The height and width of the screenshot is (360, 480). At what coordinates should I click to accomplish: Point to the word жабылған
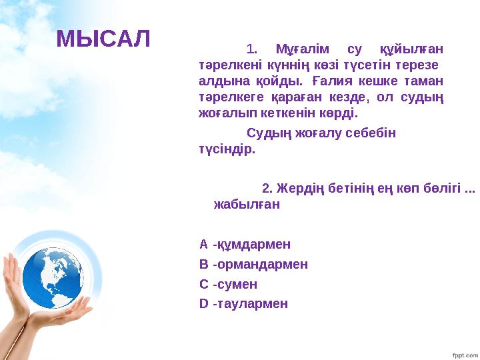tap(246, 205)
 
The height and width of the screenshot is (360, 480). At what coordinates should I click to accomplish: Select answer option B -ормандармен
tap(253, 264)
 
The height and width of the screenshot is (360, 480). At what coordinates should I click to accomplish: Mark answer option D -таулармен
tap(243, 304)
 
